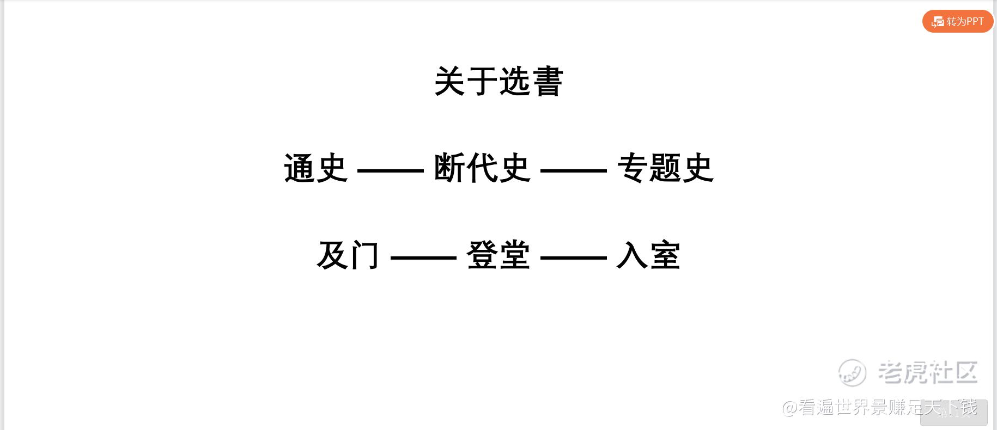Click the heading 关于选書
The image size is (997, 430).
498,82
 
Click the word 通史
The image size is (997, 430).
316,168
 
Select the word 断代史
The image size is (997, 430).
482,168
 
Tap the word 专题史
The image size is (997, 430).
665,168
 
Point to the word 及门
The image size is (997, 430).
348,255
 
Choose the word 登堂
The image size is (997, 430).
498,255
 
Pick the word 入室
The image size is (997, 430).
648,255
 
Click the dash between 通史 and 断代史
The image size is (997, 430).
391,171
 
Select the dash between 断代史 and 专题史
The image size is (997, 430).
574,171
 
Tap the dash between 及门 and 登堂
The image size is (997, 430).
423,257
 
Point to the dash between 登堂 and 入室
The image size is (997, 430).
574,257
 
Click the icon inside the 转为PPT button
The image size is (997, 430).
938,22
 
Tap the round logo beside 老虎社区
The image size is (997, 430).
852,373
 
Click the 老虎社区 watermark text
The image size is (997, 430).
928,372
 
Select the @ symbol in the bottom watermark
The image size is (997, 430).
791,407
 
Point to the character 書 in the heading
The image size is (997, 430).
548,82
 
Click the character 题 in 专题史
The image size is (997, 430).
665,168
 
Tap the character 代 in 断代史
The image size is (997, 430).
482,168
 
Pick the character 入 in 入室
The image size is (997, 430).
632,255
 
